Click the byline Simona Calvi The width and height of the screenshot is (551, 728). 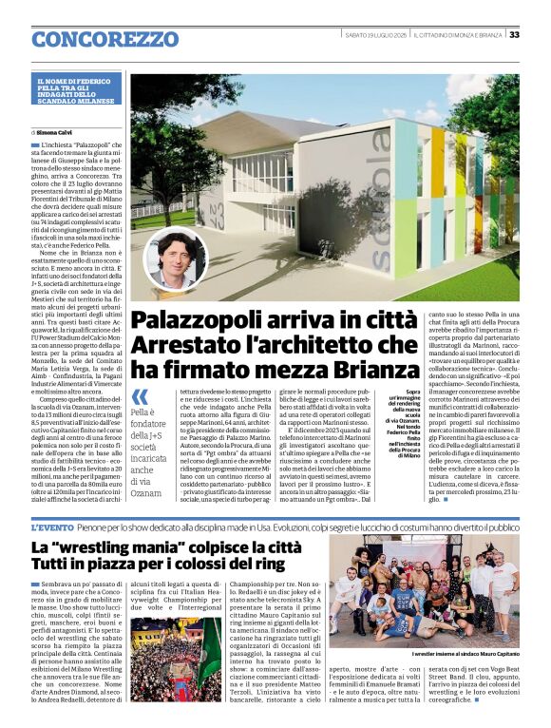click(x=59, y=132)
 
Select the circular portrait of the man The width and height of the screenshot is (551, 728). click(x=175, y=258)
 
